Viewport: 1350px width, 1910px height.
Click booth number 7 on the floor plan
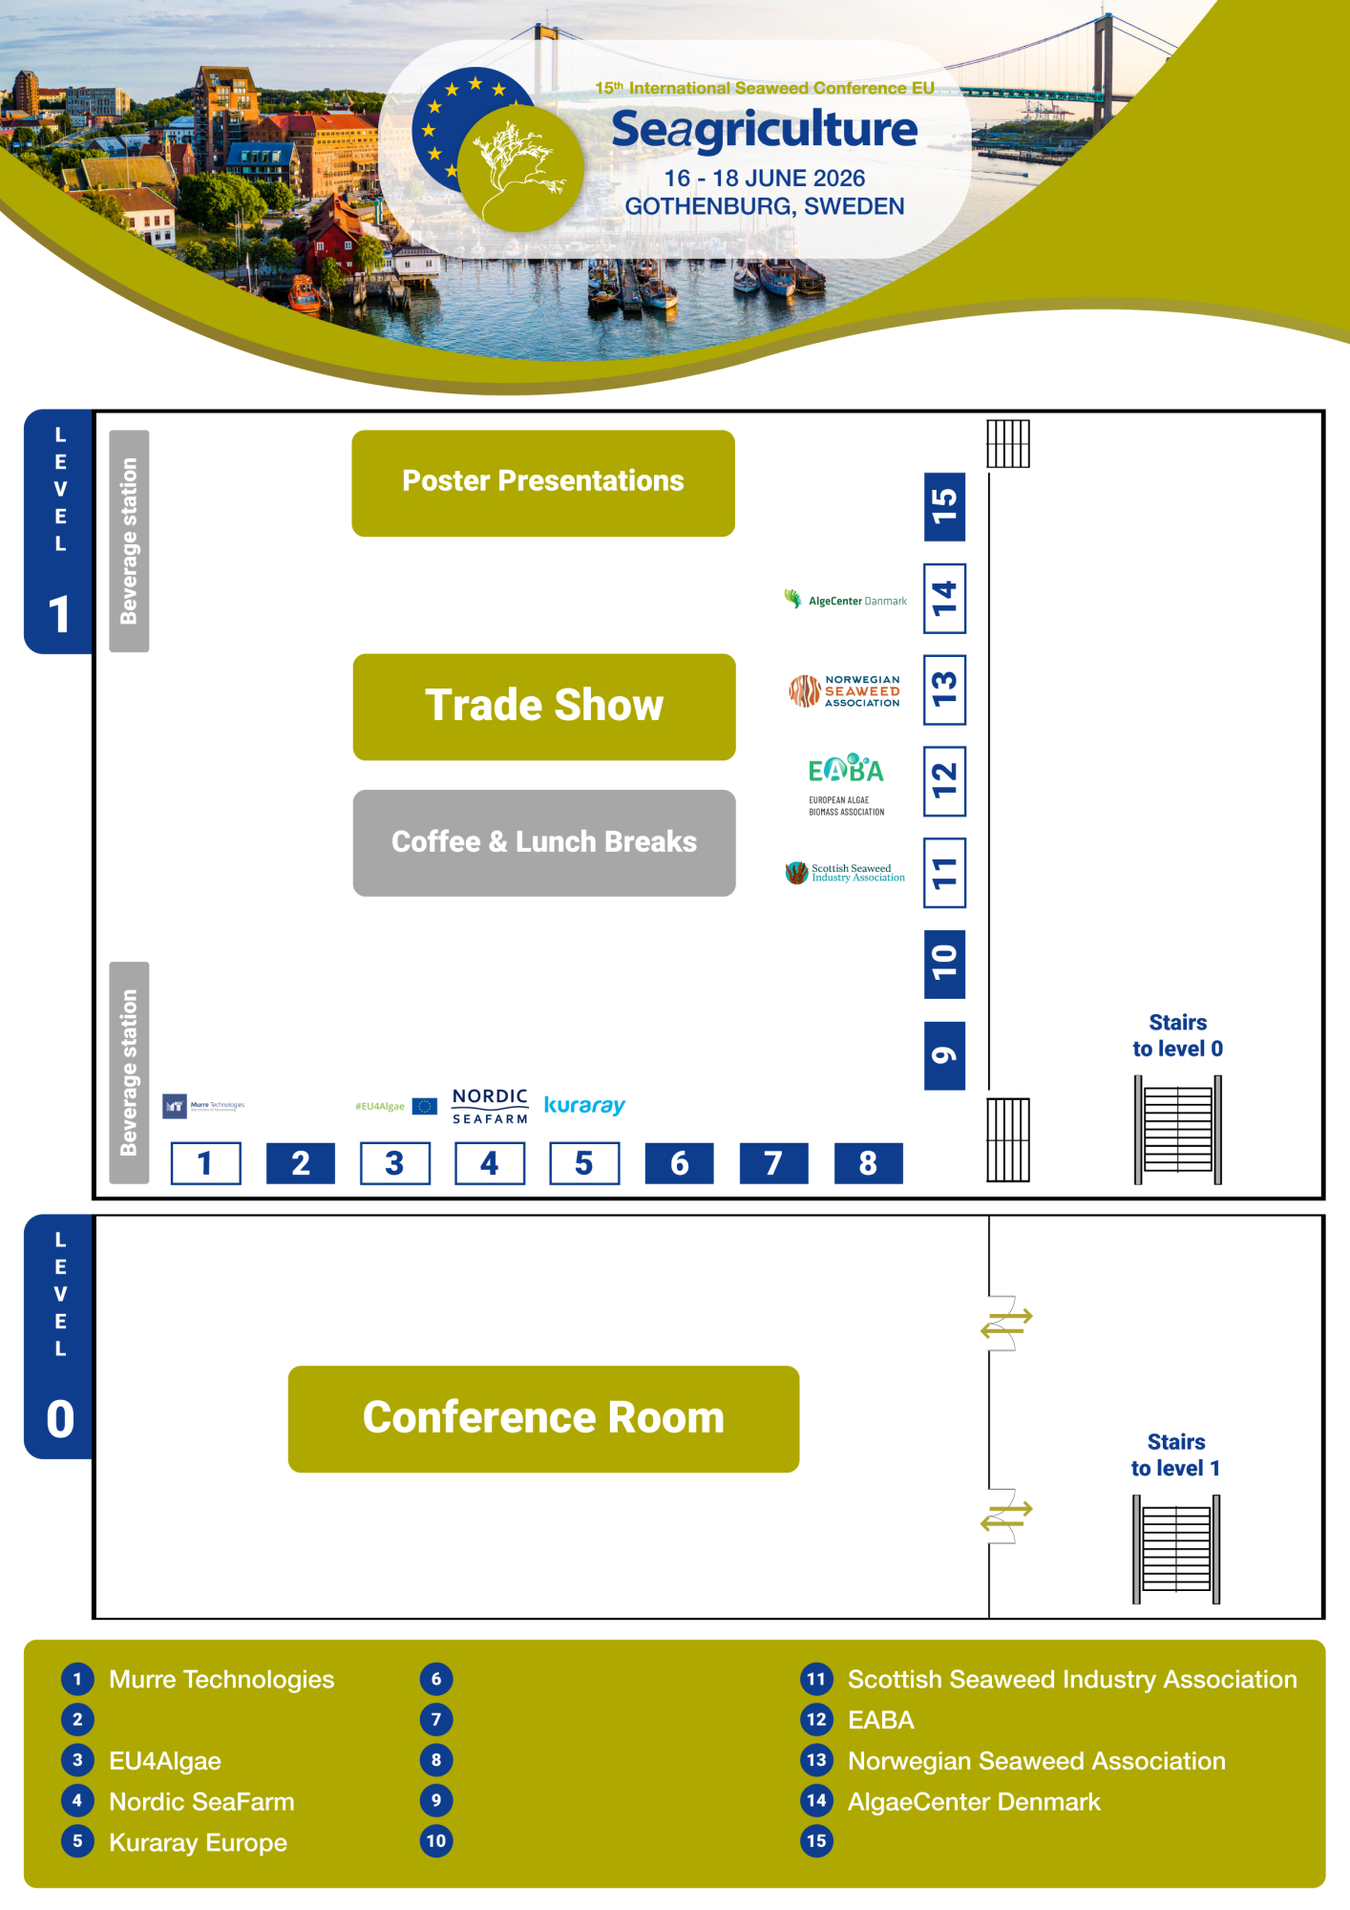tap(773, 1163)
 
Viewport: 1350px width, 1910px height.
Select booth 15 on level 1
tap(944, 506)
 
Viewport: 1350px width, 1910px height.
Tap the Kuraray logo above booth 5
tap(584, 1105)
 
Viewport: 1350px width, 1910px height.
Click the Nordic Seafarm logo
tap(490, 1106)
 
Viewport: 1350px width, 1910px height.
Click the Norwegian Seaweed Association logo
tap(845, 691)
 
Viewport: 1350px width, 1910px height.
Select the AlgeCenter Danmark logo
tap(846, 600)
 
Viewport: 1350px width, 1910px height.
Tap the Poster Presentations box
tap(543, 482)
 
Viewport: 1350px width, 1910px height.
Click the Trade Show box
tap(544, 707)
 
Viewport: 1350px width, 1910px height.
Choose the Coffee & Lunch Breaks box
tap(544, 842)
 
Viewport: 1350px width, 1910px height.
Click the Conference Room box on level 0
tap(543, 1418)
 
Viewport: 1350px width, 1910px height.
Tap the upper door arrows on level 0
tap(1006, 1323)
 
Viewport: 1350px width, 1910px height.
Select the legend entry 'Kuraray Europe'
tap(198, 1842)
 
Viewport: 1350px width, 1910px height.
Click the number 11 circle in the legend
tap(816, 1679)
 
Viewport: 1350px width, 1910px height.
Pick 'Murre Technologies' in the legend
tap(221, 1679)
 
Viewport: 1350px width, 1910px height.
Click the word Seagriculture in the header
tap(764, 130)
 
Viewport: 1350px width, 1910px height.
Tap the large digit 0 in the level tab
tap(60, 1419)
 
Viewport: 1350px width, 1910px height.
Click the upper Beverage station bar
tap(129, 541)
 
